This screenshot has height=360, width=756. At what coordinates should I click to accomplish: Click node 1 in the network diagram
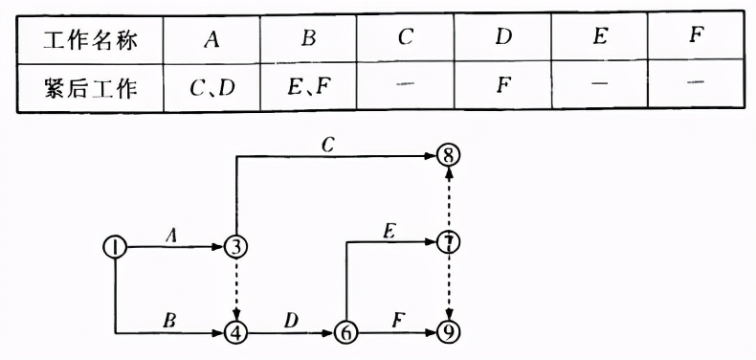coord(115,246)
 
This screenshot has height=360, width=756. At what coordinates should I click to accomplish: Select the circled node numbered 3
coord(235,246)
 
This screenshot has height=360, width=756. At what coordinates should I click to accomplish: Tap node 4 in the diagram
coord(235,333)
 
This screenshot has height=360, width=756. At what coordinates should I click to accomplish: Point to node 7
coord(448,241)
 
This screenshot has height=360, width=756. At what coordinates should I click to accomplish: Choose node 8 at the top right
coord(448,155)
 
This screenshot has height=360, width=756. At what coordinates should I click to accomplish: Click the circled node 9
coord(448,333)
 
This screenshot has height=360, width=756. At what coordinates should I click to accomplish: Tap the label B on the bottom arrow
coord(170,321)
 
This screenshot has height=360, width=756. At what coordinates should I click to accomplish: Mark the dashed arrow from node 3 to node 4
coord(235,289)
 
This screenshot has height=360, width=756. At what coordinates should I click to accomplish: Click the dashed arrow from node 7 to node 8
coord(448,198)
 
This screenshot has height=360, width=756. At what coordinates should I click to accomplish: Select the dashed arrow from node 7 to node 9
coord(448,287)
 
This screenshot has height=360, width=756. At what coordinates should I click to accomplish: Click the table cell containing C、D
coord(211,89)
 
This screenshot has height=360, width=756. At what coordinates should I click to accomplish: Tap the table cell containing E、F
coord(308,89)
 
